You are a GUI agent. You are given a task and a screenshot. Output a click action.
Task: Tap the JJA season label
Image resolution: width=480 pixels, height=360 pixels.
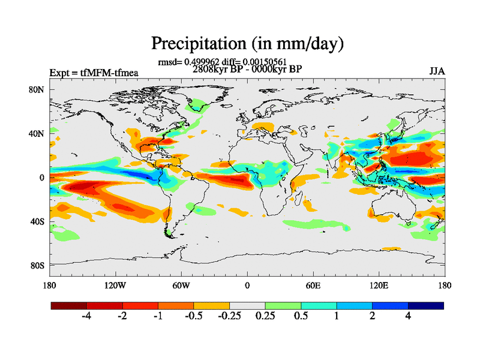pyautogui.click(x=437, y=71)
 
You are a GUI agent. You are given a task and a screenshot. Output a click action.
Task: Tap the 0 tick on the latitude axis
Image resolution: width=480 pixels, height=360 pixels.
pyautogui.click(x=42, y=178)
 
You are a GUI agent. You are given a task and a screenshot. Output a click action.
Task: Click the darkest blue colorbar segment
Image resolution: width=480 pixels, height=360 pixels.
pyautogui.click(x=426, y=305)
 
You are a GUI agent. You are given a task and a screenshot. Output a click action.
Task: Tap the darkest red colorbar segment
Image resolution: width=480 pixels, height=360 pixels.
pyautogui.click(x=69, y=305)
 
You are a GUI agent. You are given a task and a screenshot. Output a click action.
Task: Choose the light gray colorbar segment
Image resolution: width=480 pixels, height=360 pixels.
pyautogui.click(x=247, y=305)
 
